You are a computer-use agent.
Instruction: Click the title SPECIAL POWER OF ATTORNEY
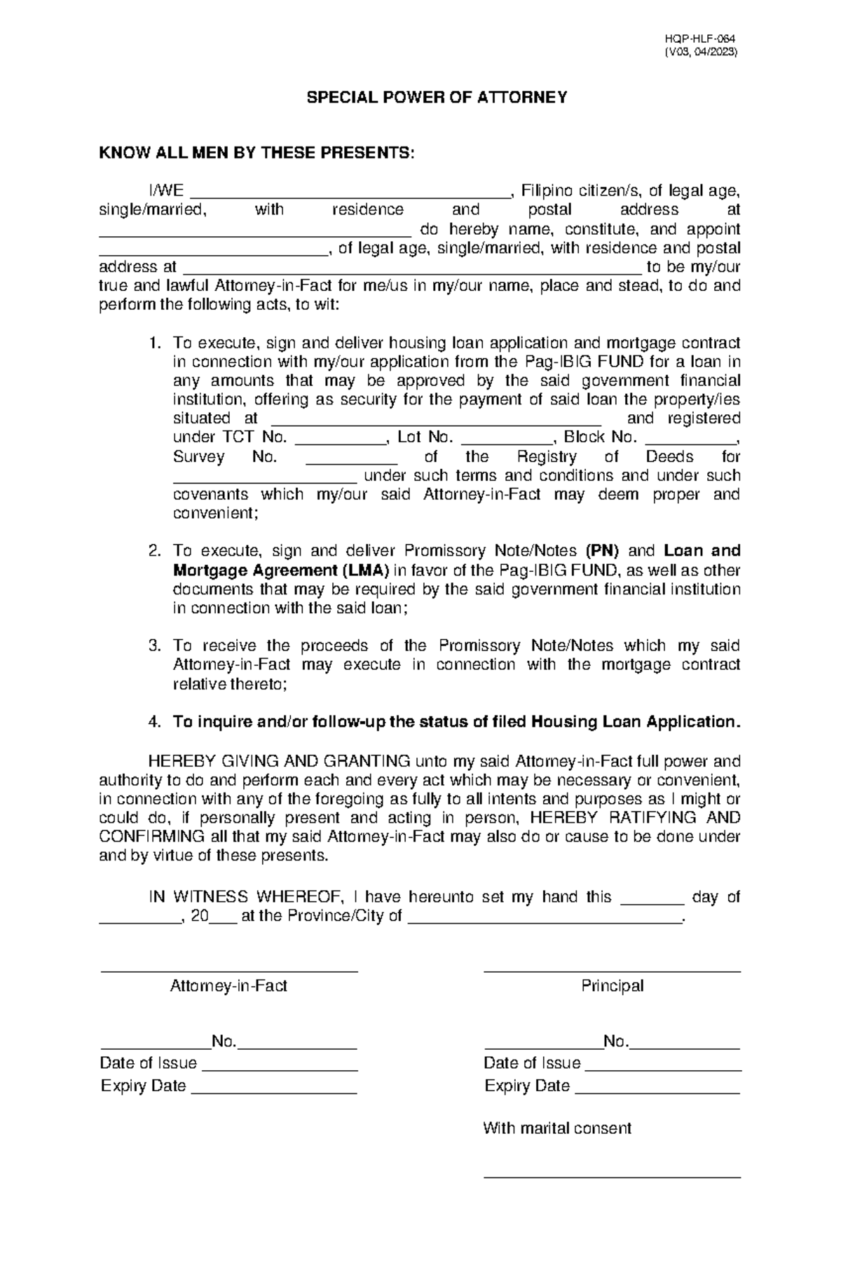pyautogui.click(x=437, y=97)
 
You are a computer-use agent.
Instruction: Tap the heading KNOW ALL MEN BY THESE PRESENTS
pyautogui.click(x=257, y=153)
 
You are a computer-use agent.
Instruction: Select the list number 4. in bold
pyautogui.click(x=155, y=722)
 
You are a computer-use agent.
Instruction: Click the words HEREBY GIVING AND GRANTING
pyautogui.click(x=279, y=761)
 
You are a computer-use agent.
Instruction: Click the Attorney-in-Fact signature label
pyautogui.click(x=228, y=986)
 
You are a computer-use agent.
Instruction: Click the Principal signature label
pyautogui.click(x=612, y=986)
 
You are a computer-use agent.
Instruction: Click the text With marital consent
pyautogui.click(x=557, y=1128)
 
